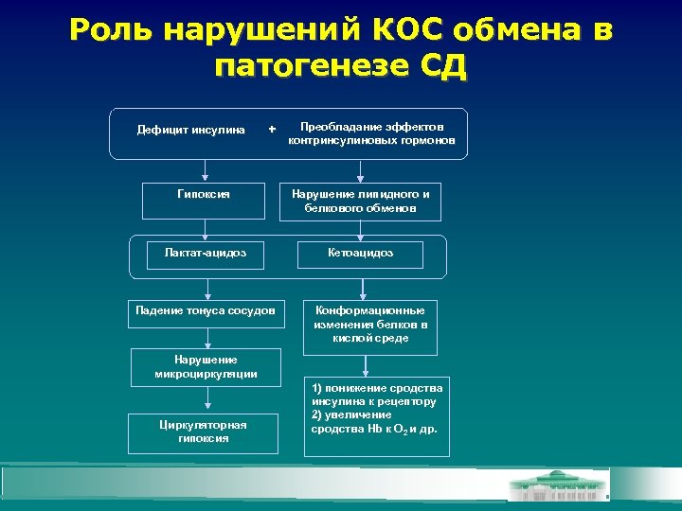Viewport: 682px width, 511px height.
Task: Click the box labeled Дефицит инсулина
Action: tap(191, 130)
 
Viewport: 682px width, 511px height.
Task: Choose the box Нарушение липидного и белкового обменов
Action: tap(360, 200)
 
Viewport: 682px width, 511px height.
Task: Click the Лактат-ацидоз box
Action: tap(205, 253)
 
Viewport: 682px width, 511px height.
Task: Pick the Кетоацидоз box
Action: tap(360, 253)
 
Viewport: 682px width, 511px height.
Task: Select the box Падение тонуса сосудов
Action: tap(206, 310)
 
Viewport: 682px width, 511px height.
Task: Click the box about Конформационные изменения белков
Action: tap(369, 324)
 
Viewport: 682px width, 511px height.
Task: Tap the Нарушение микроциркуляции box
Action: tap(206, 367)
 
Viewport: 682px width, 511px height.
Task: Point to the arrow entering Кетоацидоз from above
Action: tap(360, 230)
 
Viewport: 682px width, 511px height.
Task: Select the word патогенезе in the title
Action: tap(310, 67)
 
